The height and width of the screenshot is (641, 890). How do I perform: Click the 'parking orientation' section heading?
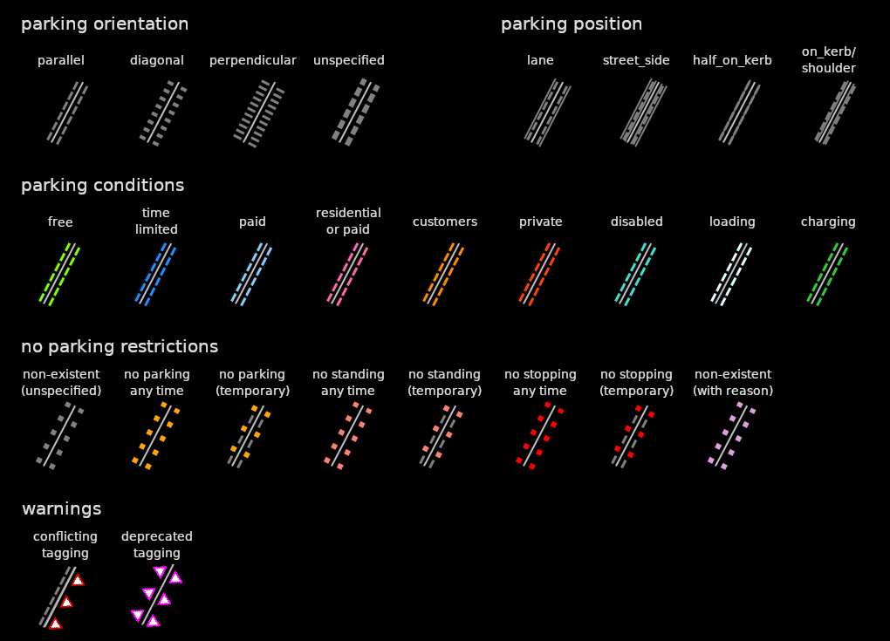(105, 24)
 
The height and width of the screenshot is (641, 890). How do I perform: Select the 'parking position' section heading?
(572, 24)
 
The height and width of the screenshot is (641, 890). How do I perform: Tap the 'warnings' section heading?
(61, 508)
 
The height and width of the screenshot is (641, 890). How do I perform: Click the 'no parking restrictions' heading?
(120, 347)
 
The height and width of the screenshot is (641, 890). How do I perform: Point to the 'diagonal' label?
(157, 60)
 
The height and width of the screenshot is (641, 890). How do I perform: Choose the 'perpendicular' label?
(253, 60)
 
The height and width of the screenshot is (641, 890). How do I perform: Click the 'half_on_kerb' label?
(732, 60)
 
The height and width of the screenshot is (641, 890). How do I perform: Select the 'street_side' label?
(636, 60)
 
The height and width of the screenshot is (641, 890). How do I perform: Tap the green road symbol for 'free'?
(60, 274)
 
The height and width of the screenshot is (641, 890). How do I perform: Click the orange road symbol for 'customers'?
(444, 274)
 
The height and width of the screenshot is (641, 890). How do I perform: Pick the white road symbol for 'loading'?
(732, 274)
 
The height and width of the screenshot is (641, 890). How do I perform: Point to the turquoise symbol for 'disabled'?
(636, 274)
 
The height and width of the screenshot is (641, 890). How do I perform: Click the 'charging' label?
(828, 222)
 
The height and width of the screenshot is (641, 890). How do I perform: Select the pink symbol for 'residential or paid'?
(348, 274)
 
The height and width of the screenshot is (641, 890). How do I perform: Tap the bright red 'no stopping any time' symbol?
(540, 435)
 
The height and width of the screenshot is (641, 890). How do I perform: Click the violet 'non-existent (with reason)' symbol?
(732, 435)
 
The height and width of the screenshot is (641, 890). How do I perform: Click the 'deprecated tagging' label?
(157, 545)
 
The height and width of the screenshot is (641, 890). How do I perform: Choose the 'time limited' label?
(156, 222)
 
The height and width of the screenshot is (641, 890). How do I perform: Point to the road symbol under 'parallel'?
(67, 113)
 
